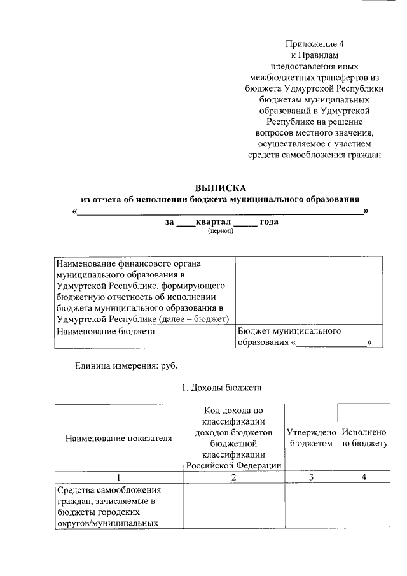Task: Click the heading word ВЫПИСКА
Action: pyautogui.click(x=219, y=188)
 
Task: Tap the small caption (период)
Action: pyautogui.click(x=220, y=231)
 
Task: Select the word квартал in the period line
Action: pyautogui.click(x=213, y=222)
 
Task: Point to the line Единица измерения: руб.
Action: pyautogui.click(x=127, y=366)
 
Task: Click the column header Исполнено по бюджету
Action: pyautogui.click(x=364, y=437)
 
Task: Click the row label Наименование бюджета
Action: pyautogui.click(x=106, y=332)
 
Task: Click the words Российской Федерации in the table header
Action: pyautogui.click(x=233, y=465)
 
